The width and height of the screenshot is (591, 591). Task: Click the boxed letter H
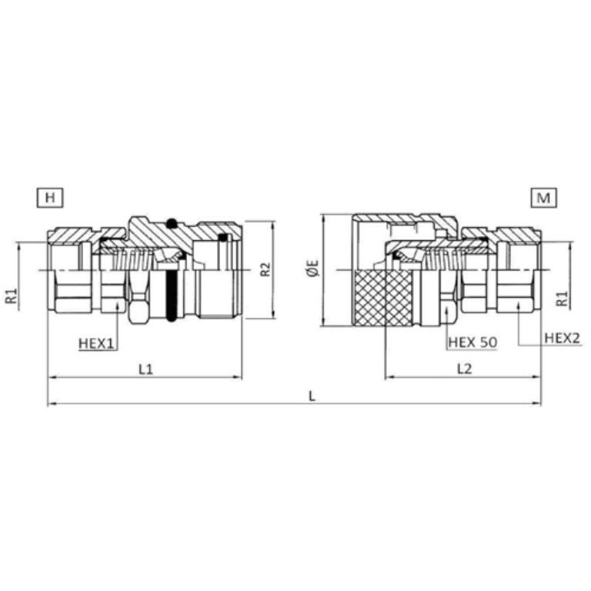pos(50,198)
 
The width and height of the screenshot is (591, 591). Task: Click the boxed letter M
pos(543,198)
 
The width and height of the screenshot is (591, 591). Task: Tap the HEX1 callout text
pos(96,343)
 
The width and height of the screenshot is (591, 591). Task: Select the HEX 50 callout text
pos(472,342)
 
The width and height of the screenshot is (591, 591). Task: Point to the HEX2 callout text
pos(562,338)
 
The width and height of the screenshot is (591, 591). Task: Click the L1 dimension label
pos(146,369)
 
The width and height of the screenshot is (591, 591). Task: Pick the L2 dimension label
pos(464,369)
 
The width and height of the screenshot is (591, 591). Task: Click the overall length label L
pos(312,396)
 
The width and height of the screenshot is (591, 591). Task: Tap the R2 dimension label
pos(265,269)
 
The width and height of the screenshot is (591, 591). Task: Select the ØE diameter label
pos(313,269)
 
